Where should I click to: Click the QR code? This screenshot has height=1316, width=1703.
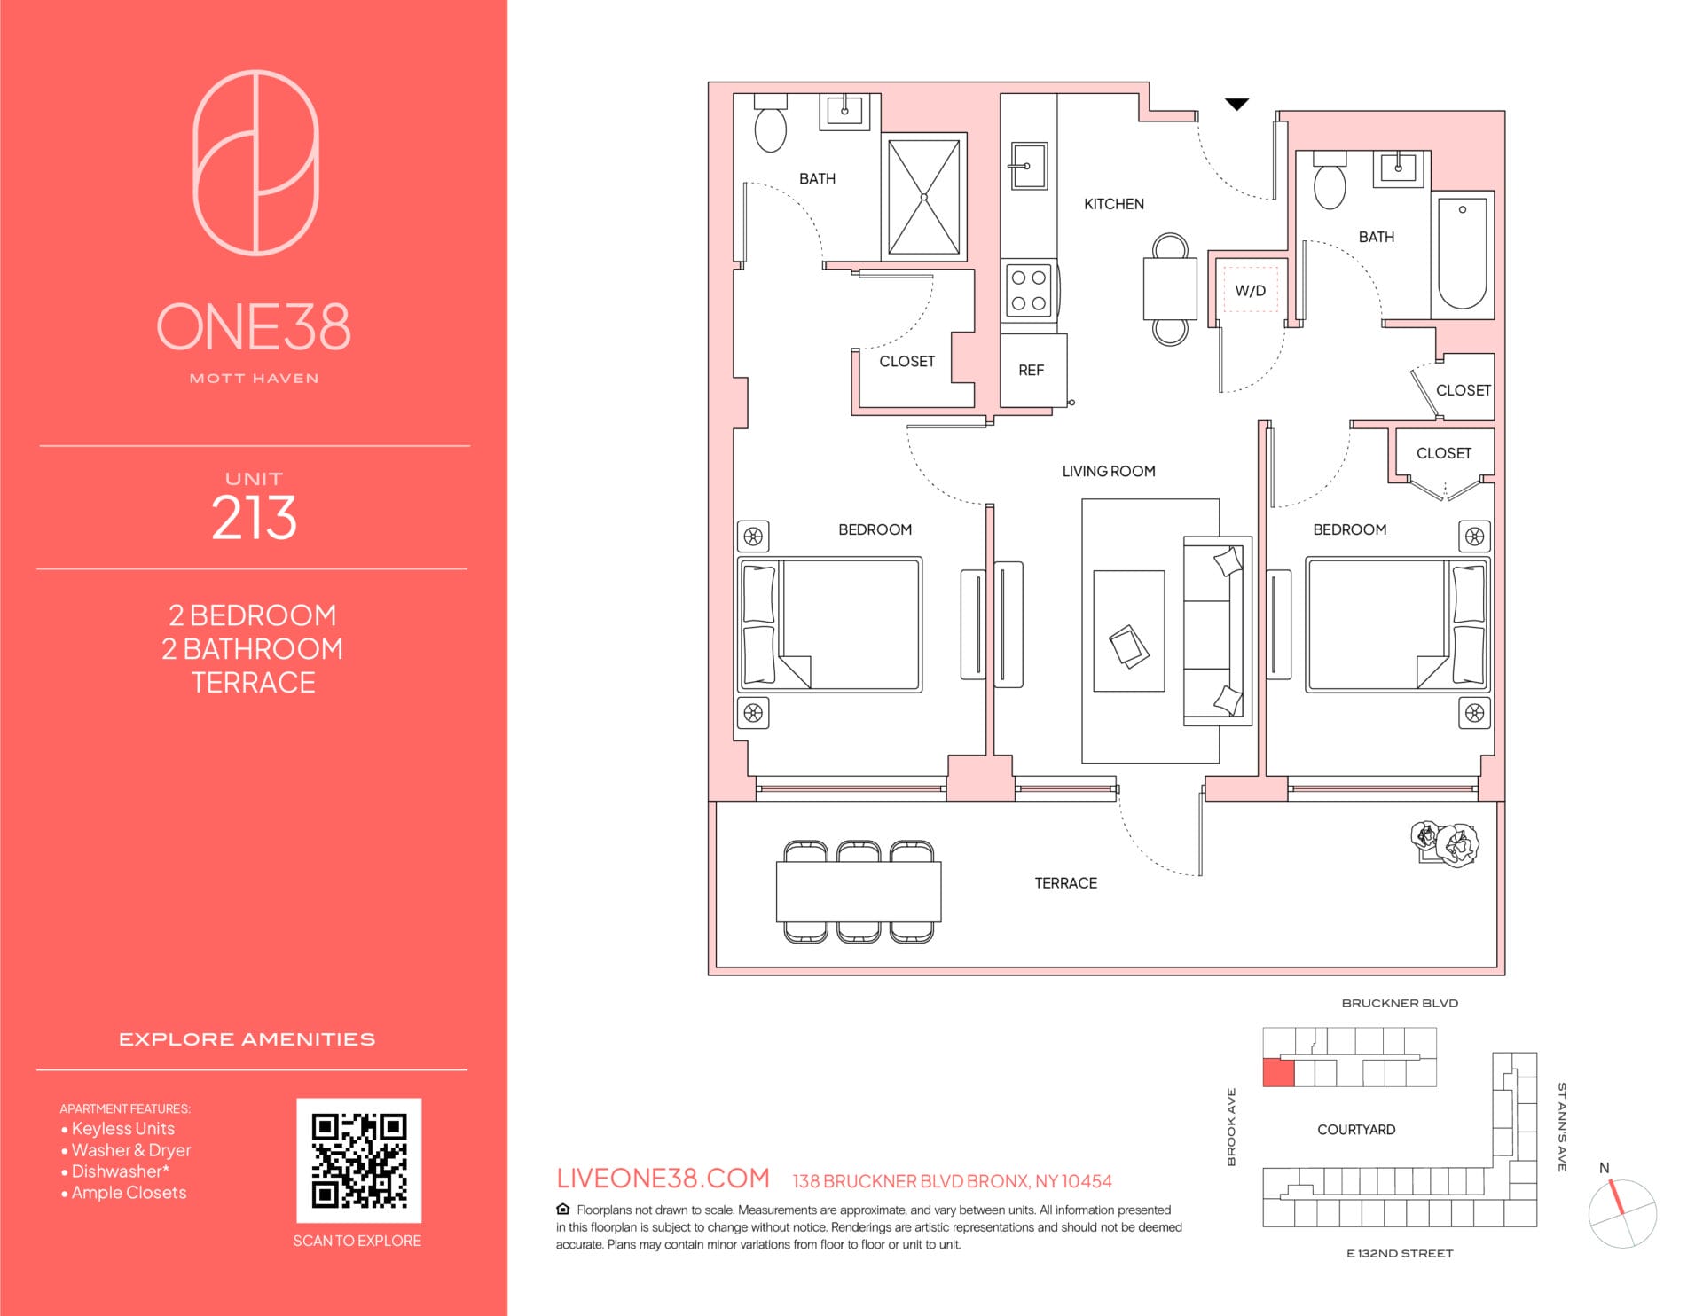(358, 1161)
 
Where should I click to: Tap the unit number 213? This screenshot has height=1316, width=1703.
(254, 517)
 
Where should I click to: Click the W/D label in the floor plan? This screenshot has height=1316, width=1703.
(1250, 291)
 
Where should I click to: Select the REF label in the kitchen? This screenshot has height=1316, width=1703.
(1031, 371)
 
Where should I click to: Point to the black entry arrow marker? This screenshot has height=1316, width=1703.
(1236, 105)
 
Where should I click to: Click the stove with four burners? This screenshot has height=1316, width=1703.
(1028, 290)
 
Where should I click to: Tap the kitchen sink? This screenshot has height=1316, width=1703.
(1029, 166)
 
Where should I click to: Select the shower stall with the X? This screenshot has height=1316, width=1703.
(924, 197)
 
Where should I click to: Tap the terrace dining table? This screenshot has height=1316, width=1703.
(859, 892)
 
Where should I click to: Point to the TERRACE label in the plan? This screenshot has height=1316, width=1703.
(1065, 883)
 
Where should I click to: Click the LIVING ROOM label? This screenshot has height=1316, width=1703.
(1109, 472)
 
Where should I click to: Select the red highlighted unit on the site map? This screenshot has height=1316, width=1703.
(1278, 1072)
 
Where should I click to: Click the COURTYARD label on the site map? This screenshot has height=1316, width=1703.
(1356, 1130)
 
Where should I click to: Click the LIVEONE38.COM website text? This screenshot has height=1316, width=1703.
(663, 1179)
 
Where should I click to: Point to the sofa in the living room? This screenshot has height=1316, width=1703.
(1216, 631)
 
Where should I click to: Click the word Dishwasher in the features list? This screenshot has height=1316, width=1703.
(117, 1171)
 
